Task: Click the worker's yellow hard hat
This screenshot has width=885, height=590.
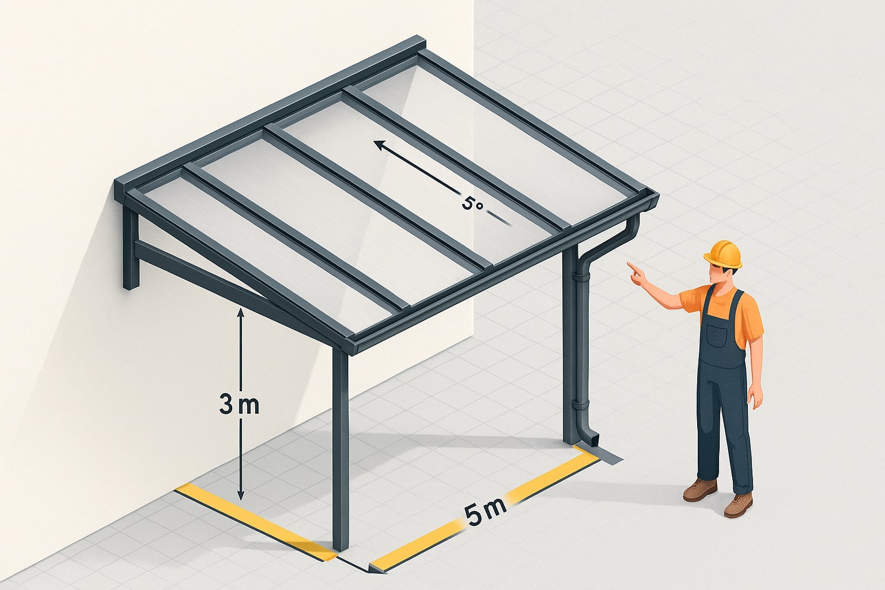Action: (x=724, y=254)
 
